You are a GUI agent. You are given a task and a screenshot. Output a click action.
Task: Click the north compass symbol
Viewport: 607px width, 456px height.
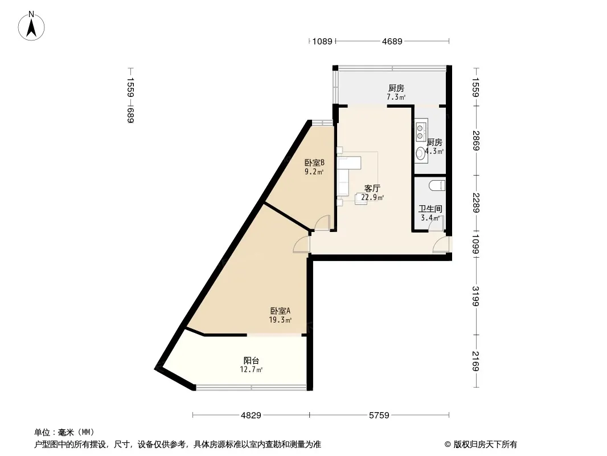coord(32,25)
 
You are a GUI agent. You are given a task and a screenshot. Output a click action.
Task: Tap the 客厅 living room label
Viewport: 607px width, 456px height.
coord(372,189)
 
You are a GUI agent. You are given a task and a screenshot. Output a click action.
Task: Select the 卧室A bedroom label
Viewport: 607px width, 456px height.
coord(280,311)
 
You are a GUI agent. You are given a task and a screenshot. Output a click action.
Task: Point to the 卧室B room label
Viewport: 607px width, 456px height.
coord(314,162)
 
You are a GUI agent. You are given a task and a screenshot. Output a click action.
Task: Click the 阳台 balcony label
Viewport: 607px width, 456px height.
coord(252,361)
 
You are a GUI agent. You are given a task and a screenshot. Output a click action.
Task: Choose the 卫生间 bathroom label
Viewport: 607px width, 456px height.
coord(430,209)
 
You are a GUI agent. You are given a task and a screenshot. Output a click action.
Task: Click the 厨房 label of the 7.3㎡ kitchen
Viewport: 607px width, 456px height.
coord(396,88)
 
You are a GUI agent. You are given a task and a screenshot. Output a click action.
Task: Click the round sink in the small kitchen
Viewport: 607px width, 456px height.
coord(421,152)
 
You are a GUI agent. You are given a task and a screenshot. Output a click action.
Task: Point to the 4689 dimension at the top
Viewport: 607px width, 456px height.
coord(392,41)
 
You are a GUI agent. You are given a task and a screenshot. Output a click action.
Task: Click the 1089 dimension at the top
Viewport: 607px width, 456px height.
coord(322,41)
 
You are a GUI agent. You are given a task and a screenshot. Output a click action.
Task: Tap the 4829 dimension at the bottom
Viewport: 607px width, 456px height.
coord(251,416)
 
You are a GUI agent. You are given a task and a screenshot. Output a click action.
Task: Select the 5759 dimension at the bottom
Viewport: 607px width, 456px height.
coord(379,416)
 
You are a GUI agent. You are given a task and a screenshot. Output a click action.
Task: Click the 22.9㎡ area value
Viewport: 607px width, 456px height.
coord(372,198)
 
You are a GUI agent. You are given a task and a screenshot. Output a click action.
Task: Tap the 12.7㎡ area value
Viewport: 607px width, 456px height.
coord(252,370)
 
